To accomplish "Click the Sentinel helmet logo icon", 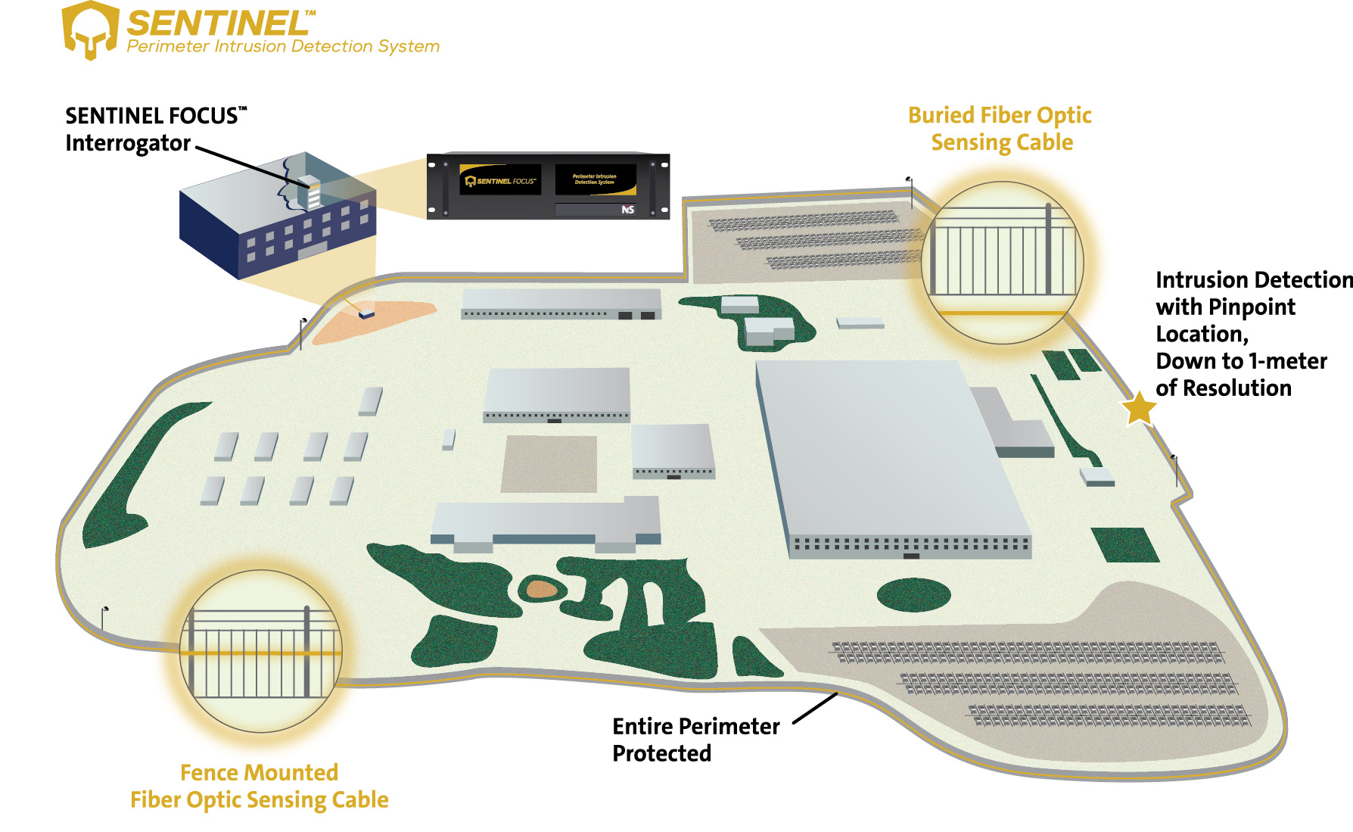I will pyautogui.click(x=90, y=30).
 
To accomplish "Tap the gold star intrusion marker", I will pyautogui.click(x=1138, y=408).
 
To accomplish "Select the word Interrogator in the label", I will pyautogui.click(x=128, y=143).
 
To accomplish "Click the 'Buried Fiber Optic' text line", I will pyautogui.click(x=999, y=115).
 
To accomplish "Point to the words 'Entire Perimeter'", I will pyautogui.click(x=695, y=726).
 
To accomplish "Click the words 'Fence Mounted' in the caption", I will pyautogui.click(x=259, y=772).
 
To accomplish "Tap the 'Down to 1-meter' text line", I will pyautogui.click(x=1241, y=361).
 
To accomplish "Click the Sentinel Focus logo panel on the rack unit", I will pyautogui.click(x=500, y=180).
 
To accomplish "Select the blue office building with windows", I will pyautogui.click(x=276, y=220).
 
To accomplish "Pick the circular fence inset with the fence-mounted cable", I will pyautogui.click(x=260, y=651).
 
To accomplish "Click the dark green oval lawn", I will pyautogui.click(x=913, y=594).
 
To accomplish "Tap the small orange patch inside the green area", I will pyautogui.click(x=542, y=588).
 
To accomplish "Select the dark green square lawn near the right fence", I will pyautogui.click(x=1124, y=544).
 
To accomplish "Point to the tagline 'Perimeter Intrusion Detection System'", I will pyautogui.click(x=283, y=47).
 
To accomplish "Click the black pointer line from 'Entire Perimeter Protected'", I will pyautogui.click(x=815, y=708).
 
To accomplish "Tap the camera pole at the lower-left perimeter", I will pyautogui.click(x=104, y=617).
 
